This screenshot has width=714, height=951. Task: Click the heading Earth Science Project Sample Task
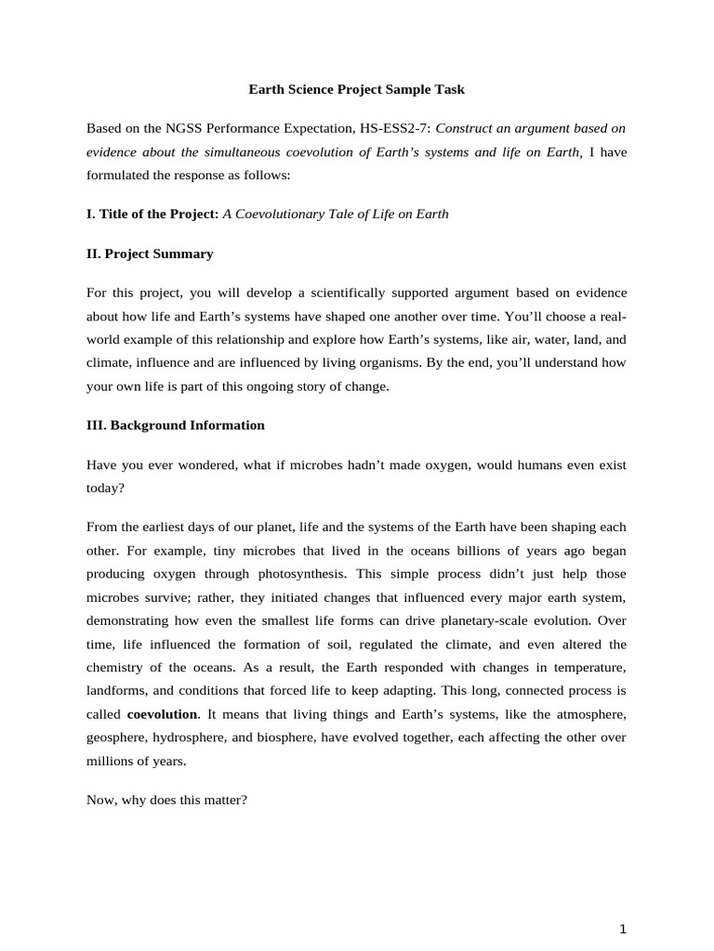click(356, 90)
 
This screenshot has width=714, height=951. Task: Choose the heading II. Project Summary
click(150, 254)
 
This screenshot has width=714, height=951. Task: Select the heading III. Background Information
click(175, 425)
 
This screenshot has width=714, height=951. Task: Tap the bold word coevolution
click(162, 714)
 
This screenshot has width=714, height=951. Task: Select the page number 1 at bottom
click(624, 929)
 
